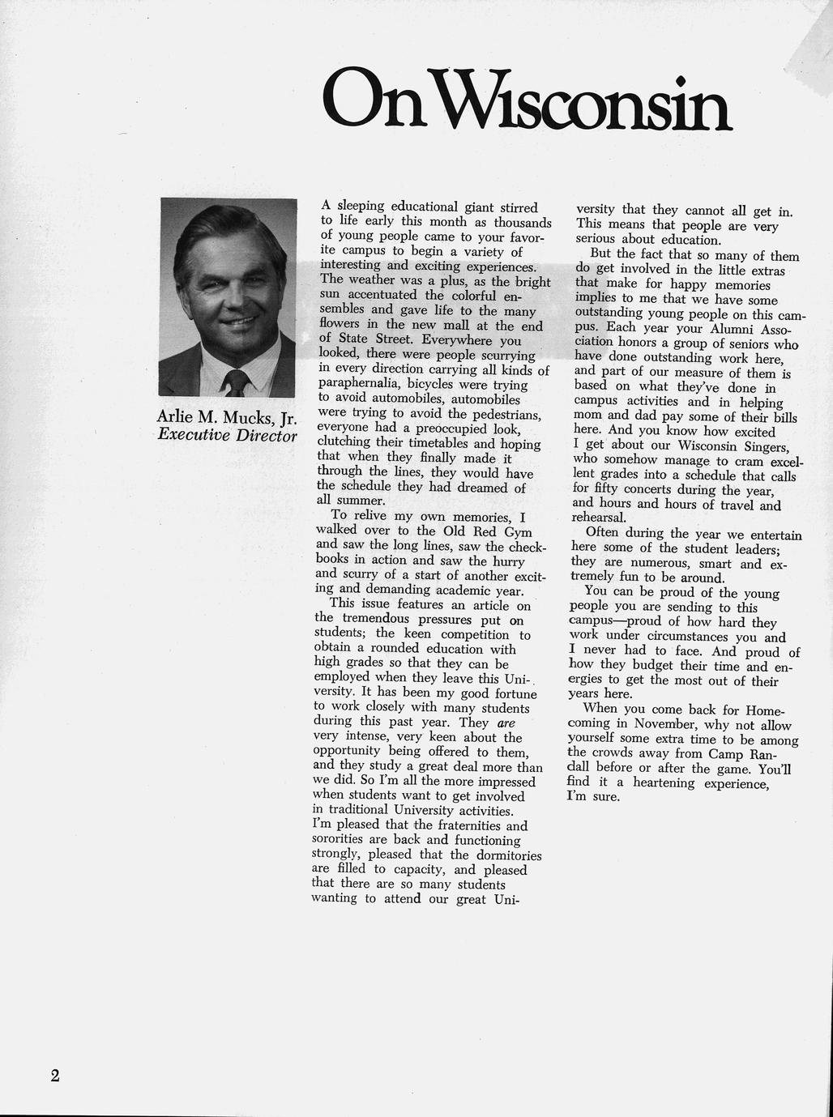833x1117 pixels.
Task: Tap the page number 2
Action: pyautogui.click(x=55, y=1076)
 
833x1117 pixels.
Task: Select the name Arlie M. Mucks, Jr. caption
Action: pyautogui.click(x=228, y=418)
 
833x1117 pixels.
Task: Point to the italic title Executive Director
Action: pyautogui.click(x=228, y=435)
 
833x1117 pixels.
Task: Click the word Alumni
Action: pyautogui.click(x=728, y=330)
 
